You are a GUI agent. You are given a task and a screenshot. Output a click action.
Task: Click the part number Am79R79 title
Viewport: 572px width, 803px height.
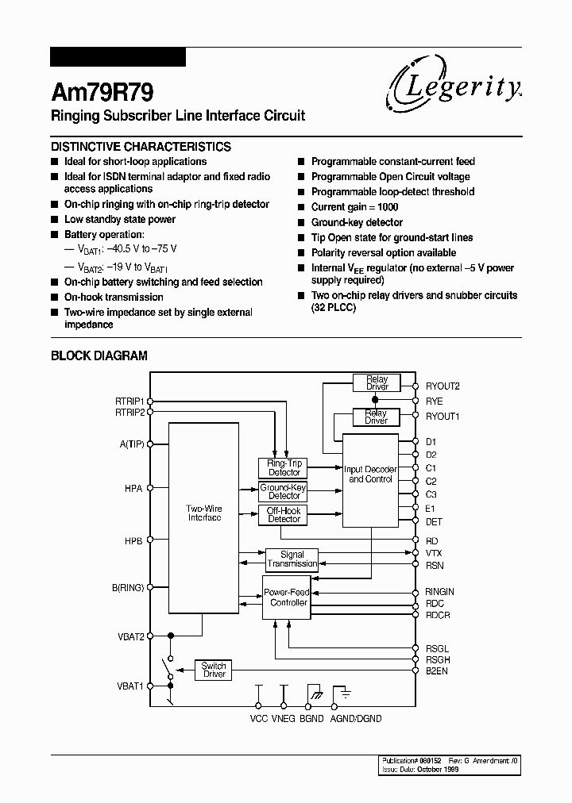[97, 91]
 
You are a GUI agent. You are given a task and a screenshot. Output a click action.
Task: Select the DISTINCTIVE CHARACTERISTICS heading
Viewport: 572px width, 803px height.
[141, 147]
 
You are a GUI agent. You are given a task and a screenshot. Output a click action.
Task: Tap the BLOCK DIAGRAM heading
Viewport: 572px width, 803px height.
[99, 355]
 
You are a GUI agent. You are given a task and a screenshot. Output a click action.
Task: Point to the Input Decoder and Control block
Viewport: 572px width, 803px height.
[369, 474]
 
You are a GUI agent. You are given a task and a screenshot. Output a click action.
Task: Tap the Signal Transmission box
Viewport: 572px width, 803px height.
[292, 559]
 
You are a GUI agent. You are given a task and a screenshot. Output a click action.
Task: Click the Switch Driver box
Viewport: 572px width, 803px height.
[214, 670]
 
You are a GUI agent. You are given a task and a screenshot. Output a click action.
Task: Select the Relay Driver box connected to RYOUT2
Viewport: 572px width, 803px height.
[377, 383]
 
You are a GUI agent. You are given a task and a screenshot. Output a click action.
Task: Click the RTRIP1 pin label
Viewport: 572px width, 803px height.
[129, 401]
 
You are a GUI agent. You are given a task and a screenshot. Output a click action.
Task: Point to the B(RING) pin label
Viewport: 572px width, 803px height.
[128, 587]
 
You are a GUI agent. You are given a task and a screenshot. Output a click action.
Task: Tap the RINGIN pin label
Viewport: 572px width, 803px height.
[440, 592]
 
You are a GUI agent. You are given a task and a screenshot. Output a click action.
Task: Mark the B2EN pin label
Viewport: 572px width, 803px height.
[436, 670]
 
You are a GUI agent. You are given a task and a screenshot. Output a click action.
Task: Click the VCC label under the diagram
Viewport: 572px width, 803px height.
[258, 718]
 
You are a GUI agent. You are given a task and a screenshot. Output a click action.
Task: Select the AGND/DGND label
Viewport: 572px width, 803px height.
[355, 718]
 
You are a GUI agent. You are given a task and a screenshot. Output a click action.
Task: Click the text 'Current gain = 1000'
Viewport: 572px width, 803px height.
[354, 207]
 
